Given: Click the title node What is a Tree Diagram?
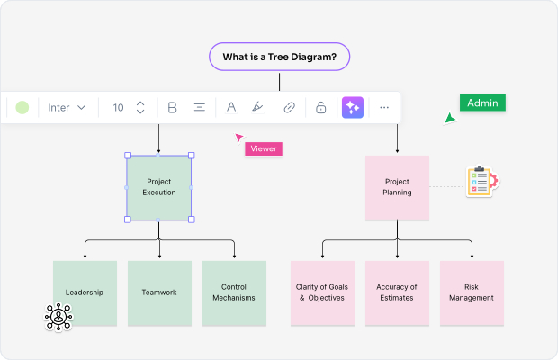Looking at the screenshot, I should [x=279, y=57].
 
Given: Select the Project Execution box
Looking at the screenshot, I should [x=158, y=187].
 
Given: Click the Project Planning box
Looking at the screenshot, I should [x=397, y=187].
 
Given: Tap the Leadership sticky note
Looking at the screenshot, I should [x=85, y=292].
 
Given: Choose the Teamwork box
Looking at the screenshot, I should [x=159, y=292].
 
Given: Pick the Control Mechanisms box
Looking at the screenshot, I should [x=234, y=292].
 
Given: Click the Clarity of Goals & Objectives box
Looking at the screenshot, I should [x=322, y=292].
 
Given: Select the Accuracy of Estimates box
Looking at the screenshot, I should [x=397, y=292].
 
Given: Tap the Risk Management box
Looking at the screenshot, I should [x=472, y=292].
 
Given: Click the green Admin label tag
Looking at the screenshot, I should [x=482, y=103].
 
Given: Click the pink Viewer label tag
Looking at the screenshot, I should [x=264, y=148].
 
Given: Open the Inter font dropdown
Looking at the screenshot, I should [x=67, y=108].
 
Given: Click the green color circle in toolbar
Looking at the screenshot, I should [x=22, y=108].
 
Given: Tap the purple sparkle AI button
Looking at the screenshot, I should [x=352, y=108].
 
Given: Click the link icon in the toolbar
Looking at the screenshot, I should [x=289, y=108].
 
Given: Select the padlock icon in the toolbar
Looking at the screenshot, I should [x=320, y=108].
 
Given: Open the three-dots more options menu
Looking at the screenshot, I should [x=384, y=108].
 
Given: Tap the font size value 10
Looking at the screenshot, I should [x=118, y=108].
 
